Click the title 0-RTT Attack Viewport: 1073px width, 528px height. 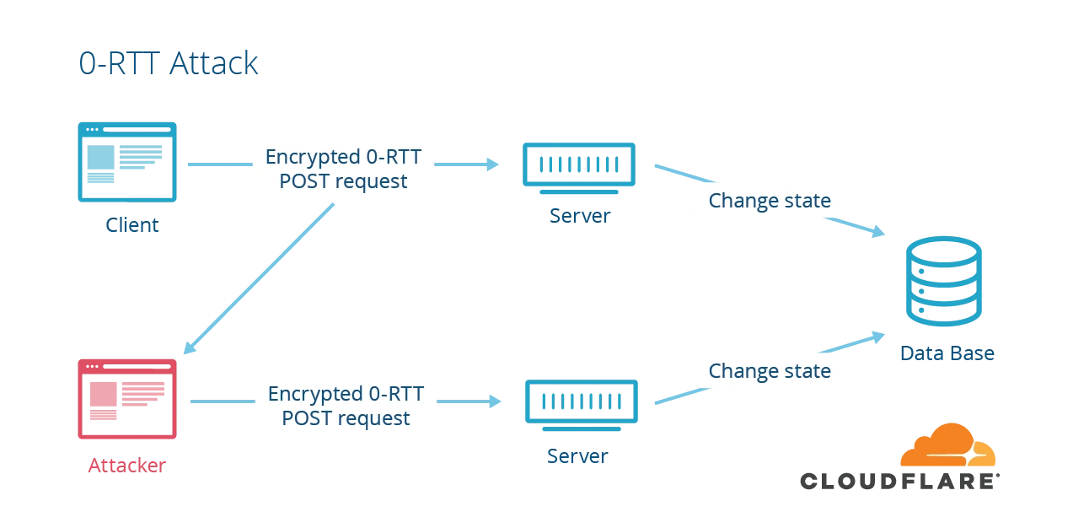[x=169, y=62]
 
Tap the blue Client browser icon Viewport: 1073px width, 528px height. [x=127, y=162]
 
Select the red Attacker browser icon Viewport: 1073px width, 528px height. [x=127, y=400]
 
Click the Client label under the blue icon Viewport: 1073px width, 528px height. [x=131, y=225]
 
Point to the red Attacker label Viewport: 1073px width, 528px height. [x=127, y=464]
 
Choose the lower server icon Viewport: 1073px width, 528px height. [x=580, y=402]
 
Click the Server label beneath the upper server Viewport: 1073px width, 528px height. [x=578, y=213]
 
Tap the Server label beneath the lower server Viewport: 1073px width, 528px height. [x=578, y=457]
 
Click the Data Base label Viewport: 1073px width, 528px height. [x=946, y=354]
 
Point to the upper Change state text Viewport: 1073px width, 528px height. [x=769, y=201]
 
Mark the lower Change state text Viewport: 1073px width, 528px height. [x=769, y=371]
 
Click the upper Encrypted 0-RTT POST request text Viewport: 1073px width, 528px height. [x=343, y=169]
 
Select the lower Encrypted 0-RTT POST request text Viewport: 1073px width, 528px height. [x=346, y=406]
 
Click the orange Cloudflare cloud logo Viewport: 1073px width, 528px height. [x=947, y=447]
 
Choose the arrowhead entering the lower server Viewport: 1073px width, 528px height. [x=494, y=402]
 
